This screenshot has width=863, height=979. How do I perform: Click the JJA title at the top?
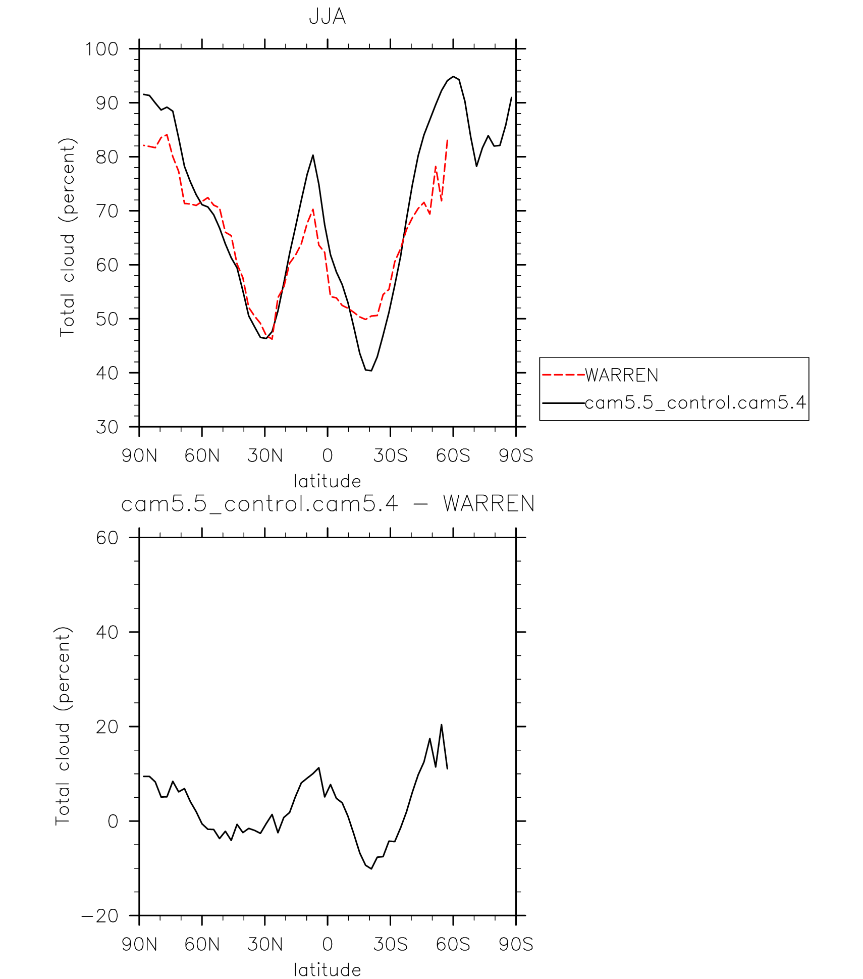pos(327,17)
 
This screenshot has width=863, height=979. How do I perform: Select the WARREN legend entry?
pos(621,375)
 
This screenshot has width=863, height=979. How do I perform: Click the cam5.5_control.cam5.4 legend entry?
pos(695,403)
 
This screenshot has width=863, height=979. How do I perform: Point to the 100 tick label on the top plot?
pos(101,49)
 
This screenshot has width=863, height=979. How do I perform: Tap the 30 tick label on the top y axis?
pos(107,427)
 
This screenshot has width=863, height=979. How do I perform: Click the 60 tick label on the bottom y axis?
pos(107,538)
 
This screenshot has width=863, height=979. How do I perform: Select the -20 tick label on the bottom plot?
pos(100,915)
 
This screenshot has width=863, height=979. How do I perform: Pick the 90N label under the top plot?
pos(139,455)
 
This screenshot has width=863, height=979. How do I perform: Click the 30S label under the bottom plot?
pos(390,944)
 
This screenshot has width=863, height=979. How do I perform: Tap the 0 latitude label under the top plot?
pos(328,455)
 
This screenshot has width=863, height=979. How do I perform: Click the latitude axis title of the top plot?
pos(327,481)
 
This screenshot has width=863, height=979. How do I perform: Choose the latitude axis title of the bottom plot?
pos(327,970)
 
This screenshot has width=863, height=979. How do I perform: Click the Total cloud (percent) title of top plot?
pos(67,237)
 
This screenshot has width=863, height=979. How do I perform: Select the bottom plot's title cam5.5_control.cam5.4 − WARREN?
pos(328,504)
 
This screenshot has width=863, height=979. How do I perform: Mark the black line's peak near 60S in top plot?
pos(453,77)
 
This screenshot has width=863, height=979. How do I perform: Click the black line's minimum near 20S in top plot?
pos(371,371)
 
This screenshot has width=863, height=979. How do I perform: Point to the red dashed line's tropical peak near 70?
pos(313,209)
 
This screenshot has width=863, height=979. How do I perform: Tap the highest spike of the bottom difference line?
pos(441,725)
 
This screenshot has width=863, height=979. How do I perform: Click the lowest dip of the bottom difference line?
pos(371,869)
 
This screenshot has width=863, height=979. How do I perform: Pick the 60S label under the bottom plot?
pos(453,944)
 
